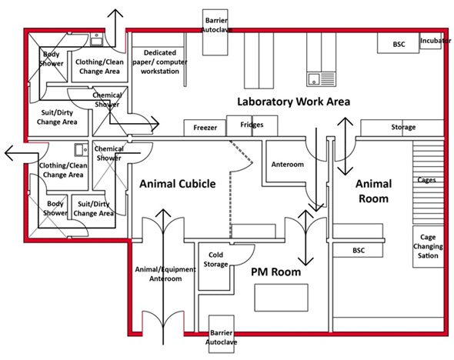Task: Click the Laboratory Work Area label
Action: tap(293, 102)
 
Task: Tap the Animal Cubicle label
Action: tap(177, 184)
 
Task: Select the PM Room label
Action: tap(275, 272)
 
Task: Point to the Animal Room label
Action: tap(373, 191)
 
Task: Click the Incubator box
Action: tap(435, 40)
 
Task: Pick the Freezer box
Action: tap(205, 128)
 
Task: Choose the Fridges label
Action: tap(252, 125)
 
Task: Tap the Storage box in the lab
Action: tap(403, 127)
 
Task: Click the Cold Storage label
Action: tap(215, 259)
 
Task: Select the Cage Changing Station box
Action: tap(429, 246)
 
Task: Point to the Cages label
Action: tap(427, 180)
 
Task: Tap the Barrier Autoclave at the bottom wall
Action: tap(222, 338)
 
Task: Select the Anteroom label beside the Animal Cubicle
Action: tap(288, 164)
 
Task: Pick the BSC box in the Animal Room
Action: tap(359, 251)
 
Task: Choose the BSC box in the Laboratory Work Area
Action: tap(399, 44)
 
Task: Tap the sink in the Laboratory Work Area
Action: tap(314, 78)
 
